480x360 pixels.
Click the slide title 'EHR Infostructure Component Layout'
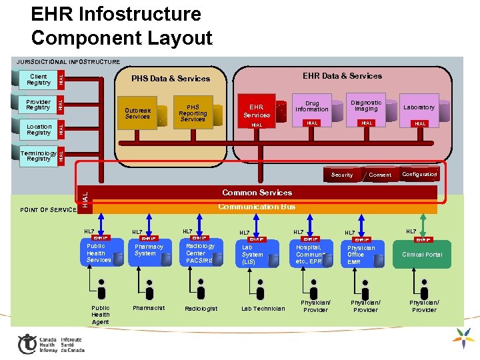pyautogui.click(x=121, y=25)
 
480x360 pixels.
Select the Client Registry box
pyautogui.click(x=39, y=79)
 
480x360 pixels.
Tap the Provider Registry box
pyautogui.click(x=38, y=104)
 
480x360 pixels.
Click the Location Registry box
pyautogui.click(x=39, y=129)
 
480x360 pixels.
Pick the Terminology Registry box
pyautogui.click(x=39, y=155)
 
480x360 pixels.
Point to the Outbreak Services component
pyautogui.click(x=138, y=113)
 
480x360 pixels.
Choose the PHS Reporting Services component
pyautogui.click(x=193, y=113)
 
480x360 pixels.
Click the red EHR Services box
pyautogui.click(x=257, y=111)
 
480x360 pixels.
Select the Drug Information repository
pyautogui.click(x=312, y=107)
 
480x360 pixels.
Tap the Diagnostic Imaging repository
pyautogui.click(x=366, y=106)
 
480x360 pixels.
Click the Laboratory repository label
pyautogui.click(x=419, y=107)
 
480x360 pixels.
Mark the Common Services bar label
pyautogui.click(x=257, y=193)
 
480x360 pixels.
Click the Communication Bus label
pyautogui.click(x=257, y=207)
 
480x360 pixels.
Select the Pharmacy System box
pyautogui.click(x=149, y=251)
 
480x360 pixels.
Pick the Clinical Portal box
pyautogui.click(x=422, y=254)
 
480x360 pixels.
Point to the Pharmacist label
pyautogui.click(x=149, y=308)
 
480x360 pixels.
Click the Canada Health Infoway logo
pyautogui.click(x=51, y=343)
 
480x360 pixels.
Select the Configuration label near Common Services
pyautogui.click(x=419, y=174)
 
